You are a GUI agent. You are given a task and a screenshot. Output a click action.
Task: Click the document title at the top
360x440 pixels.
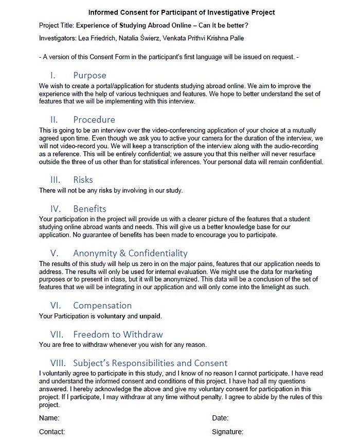182,12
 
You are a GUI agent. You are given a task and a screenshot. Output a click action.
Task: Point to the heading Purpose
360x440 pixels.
89,75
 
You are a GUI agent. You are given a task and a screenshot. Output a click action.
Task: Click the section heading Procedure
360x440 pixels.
94,120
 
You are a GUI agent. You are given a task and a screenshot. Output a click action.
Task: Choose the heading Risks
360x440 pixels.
83,180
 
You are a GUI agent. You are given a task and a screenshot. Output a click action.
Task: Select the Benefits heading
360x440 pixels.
89,209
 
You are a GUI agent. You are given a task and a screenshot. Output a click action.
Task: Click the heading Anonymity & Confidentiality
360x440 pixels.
130,253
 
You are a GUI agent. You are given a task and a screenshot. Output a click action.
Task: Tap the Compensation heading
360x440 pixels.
102,305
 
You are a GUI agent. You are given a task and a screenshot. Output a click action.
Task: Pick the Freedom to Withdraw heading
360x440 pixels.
118,335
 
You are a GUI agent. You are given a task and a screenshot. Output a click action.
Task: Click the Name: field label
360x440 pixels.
49,418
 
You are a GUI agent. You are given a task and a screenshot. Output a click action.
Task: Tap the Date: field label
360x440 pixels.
220,418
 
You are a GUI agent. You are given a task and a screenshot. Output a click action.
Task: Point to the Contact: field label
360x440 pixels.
52,432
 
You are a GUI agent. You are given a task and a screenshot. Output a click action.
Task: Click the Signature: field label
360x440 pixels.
227,432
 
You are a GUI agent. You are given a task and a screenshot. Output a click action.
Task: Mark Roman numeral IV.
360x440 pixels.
56,209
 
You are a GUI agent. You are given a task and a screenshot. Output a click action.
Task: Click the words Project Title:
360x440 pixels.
57,25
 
